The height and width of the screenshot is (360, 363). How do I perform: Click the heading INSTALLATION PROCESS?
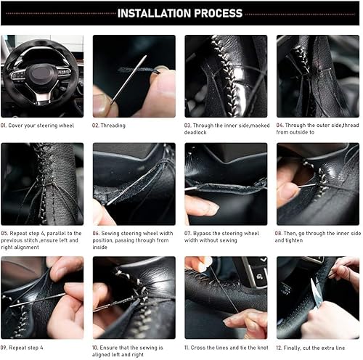(x=180, y=13)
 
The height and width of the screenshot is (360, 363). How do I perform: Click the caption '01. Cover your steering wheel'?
(x=38, y=126)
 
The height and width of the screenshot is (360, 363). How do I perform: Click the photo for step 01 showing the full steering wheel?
(x=42, y=75)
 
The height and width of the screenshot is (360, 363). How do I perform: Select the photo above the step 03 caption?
(x=226, y=75)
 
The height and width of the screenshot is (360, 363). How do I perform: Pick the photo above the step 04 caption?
(x=318, y=75)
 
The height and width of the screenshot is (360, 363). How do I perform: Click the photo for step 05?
(x=42, y=184)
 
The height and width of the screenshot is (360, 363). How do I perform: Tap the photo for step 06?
(x=134, y=184)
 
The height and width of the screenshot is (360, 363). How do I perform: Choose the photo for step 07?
(x=226, y=184)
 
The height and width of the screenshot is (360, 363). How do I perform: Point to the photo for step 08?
(x=318, y=184)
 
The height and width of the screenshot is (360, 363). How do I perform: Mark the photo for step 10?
(x=134, y=298)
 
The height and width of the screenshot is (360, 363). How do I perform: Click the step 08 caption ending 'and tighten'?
(x=318, y=237)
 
